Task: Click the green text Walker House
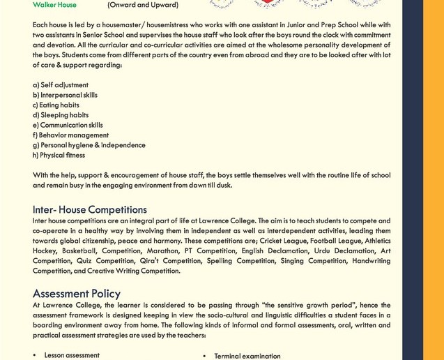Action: (x=54, y=5)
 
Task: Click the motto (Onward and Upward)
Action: (x=142, y=5)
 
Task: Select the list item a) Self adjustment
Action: (x=61, y=85)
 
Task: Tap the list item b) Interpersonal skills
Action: (x=65, y=95)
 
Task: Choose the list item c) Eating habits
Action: (x=56, y=105)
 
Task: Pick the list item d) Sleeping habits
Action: (x=61, y=115)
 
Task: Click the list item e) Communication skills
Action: (x=68, y=125)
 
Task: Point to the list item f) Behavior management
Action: (x=70, y=135)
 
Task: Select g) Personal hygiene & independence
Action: (x=89, y=145)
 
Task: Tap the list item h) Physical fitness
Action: (x=59, y=155)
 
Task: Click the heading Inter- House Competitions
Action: (x=90, y=209)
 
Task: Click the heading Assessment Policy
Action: (x=77, y=294)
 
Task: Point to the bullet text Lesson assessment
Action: (x=72, y=355)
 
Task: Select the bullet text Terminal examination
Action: (x=247, y=356)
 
